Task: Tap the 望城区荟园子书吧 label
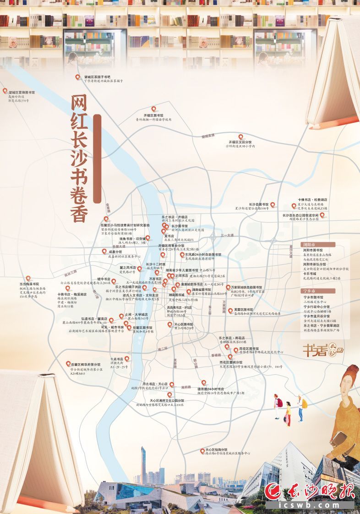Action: click(x=97, y=77)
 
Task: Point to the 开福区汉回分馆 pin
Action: click(x=240, y=137)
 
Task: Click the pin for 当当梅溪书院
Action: click(x=28, y=278)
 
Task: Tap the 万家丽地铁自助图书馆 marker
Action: click(x=228, y=287)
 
